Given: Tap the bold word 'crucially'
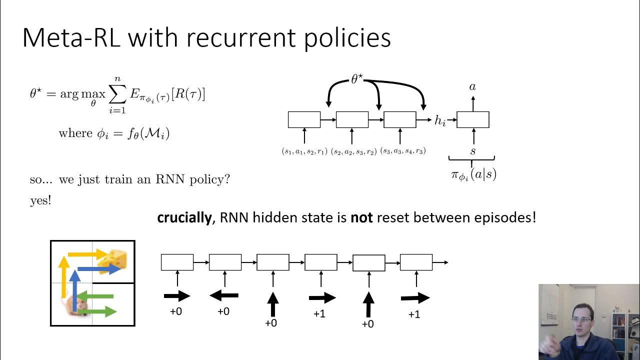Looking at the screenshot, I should (184, 218).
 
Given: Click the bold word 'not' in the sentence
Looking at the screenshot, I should (361, 218).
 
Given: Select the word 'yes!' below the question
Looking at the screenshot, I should (40, 201).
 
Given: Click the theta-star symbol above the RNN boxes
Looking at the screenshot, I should (356, 79).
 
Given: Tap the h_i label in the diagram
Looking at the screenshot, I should (440, 120).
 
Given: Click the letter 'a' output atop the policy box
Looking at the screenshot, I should (472, 87).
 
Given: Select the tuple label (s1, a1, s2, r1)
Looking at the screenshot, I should (304, 151).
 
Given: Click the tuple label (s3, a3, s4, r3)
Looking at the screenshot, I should (403, 151).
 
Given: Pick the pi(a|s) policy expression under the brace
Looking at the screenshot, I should (473, 174).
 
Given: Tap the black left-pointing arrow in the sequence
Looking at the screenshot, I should (223, 296).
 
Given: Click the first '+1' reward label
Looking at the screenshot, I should (319, 314).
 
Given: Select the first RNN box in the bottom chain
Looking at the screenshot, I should (177, 262).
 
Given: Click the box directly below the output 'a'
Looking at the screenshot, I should (472, 120).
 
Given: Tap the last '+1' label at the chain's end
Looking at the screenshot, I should (414, 314).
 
